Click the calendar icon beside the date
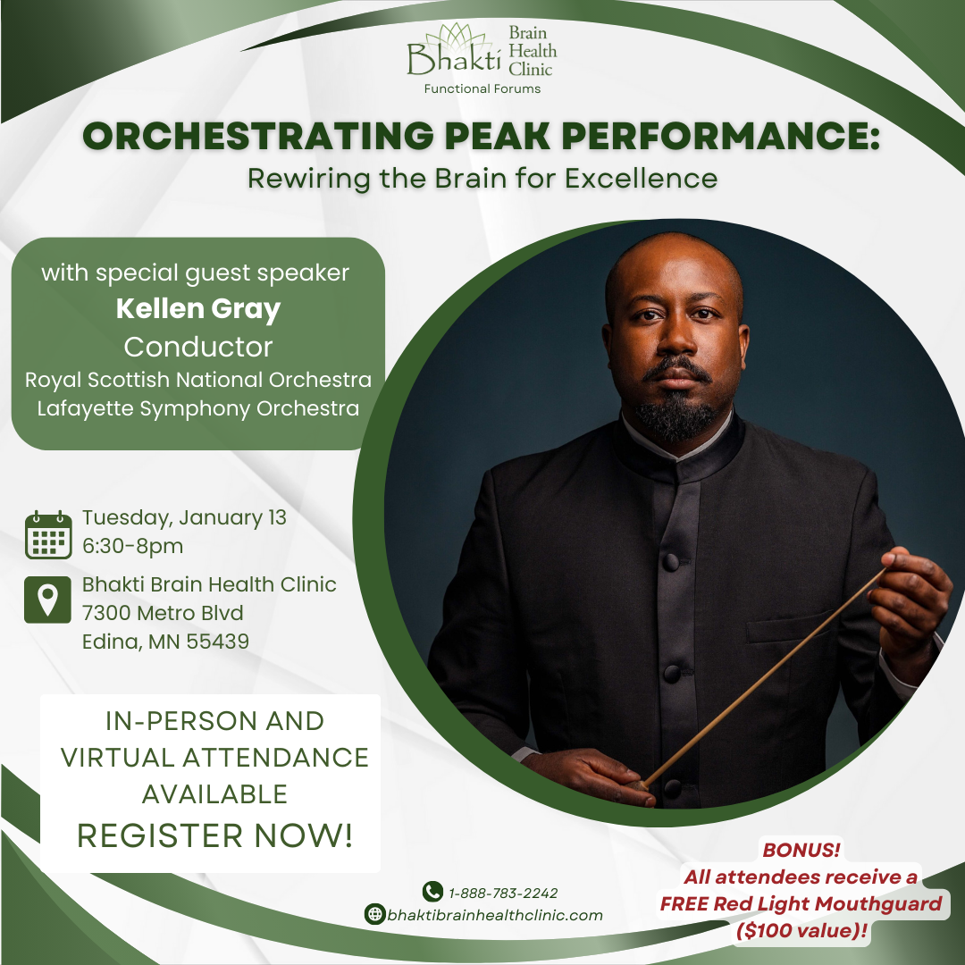48,534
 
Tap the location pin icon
48,600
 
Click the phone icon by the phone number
432,891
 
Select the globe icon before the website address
374,914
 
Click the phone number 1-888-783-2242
503,893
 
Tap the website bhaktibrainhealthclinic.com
495,915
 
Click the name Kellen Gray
198,309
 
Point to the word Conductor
198,347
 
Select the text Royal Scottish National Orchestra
198,380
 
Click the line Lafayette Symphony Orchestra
198,408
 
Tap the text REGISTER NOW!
214,835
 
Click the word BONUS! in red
801,850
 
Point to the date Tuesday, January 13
185,518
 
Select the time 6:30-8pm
133,546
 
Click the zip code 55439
218,642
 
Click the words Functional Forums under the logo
482,88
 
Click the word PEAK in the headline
497,136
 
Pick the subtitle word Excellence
642,179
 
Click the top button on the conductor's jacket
670,561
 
